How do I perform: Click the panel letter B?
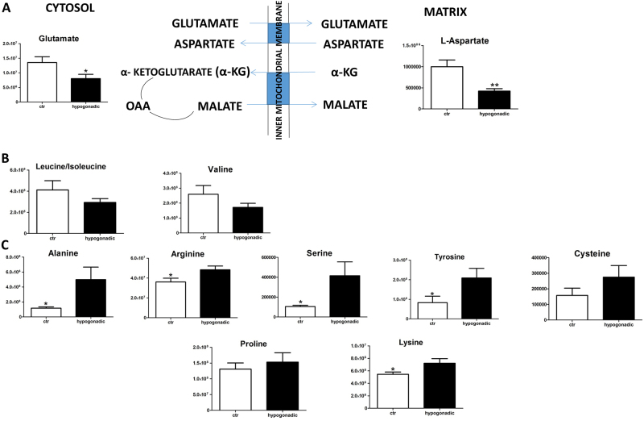tap(6, 159)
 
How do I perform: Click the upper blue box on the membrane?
tap(278, 34)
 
